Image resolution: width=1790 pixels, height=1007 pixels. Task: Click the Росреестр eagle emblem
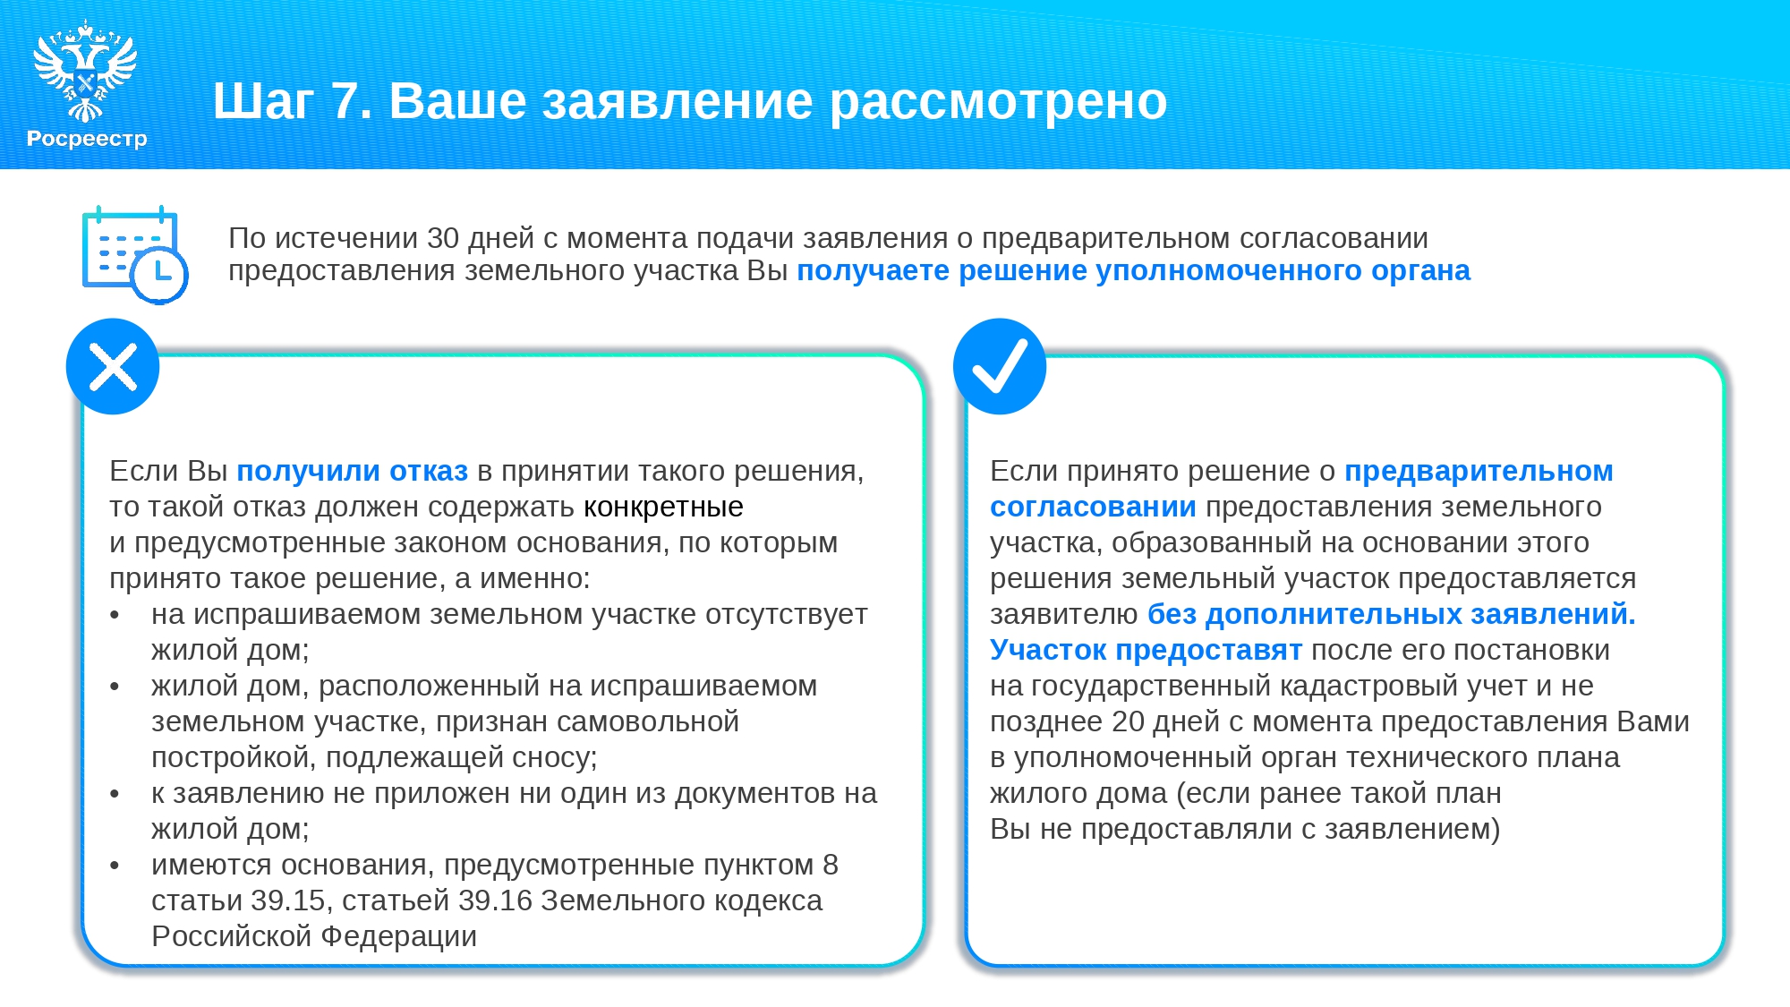click(85, 72)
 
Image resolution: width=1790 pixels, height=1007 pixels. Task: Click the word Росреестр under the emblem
click(87, 139)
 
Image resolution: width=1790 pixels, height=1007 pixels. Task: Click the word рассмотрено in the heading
click(998, 102)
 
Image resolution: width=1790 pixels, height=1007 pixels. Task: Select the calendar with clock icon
click(134, 254)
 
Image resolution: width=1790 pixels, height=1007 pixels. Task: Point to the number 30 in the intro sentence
click(443, 238)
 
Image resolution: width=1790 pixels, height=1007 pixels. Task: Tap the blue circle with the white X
click(113, 367)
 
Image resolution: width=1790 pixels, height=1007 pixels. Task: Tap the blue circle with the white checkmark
click(1000, 367)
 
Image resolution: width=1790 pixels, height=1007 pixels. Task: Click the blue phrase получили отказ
click(352, 472)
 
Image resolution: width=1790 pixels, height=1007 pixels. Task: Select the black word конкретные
click(663, 508)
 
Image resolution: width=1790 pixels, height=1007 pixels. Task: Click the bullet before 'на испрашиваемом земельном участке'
click(115, 616)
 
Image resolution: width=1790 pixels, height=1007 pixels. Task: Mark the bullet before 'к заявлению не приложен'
click(115, 795)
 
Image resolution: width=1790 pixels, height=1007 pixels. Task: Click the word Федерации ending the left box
click(399, 937)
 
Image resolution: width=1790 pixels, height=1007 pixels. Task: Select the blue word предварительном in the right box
click(1479, 472)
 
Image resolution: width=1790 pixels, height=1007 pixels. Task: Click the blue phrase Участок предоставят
click(1146, 651)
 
